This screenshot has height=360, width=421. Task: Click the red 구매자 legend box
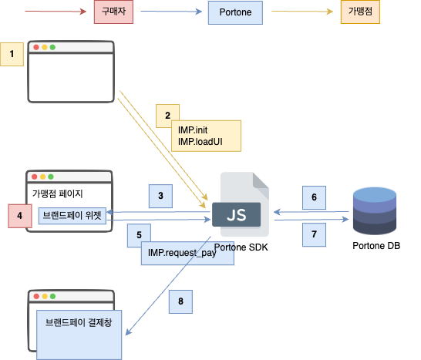113,12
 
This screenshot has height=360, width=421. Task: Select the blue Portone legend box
235,12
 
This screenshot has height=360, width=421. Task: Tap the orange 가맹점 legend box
360,12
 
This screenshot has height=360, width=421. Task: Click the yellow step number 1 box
12,54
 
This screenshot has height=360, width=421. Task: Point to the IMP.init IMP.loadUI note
206,136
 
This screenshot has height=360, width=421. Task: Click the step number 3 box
160,196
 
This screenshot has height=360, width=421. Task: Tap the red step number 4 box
20,216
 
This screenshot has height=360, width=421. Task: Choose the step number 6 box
314,197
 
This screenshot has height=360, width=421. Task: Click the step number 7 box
314,234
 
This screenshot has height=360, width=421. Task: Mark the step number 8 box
180,301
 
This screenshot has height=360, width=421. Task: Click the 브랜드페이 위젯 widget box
72,216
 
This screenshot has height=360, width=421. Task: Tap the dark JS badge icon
236,214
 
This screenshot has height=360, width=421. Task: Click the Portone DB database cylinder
375,211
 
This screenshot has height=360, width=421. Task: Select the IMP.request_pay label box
187,253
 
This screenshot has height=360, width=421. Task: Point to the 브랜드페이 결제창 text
79,322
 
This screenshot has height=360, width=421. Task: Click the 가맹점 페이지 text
58,193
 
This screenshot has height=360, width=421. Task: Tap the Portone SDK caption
241,247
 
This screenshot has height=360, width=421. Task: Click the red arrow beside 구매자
56,12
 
